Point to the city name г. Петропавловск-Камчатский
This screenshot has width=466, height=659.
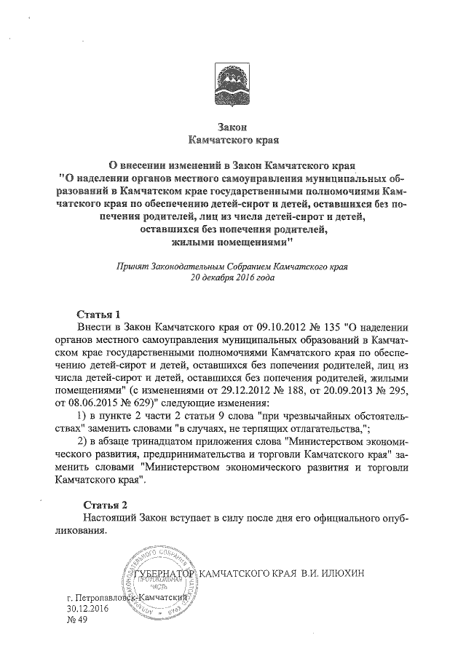pos(126,597)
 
